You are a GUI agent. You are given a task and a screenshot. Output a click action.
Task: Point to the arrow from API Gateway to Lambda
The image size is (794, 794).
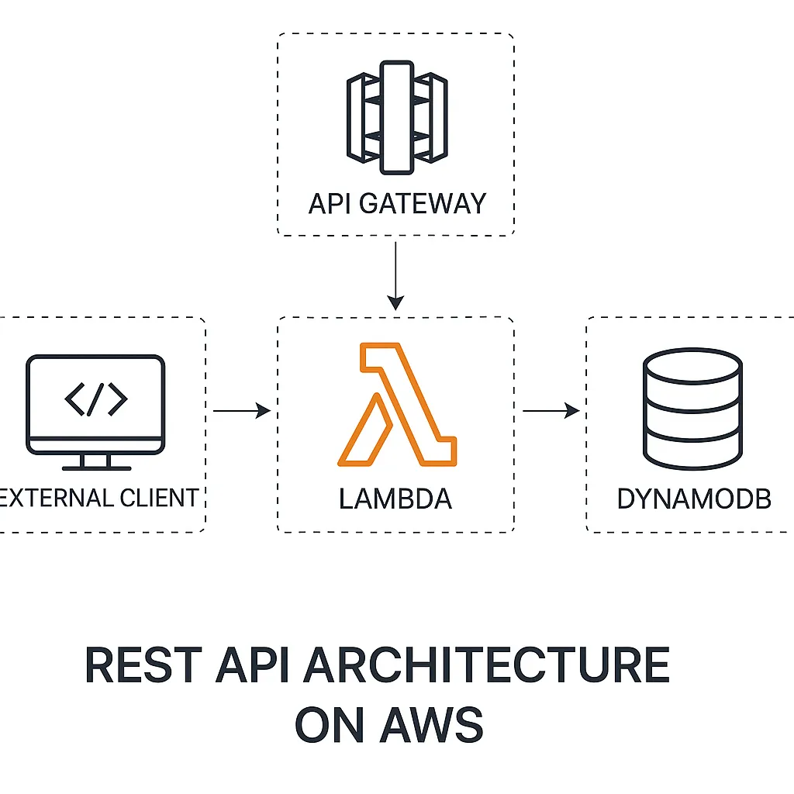395,275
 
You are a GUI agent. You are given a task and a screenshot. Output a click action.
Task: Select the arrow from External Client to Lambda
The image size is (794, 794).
241,411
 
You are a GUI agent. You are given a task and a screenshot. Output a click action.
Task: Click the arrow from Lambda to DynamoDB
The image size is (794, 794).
551,411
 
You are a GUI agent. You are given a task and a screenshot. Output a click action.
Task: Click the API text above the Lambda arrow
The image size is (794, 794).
327,203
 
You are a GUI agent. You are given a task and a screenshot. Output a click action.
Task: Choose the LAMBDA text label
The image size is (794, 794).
395,499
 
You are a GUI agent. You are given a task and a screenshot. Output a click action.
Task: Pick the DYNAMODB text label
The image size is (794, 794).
694,499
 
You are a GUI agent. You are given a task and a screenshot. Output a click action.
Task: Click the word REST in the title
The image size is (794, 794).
143,665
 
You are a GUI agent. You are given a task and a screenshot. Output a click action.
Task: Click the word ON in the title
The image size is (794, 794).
330,724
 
